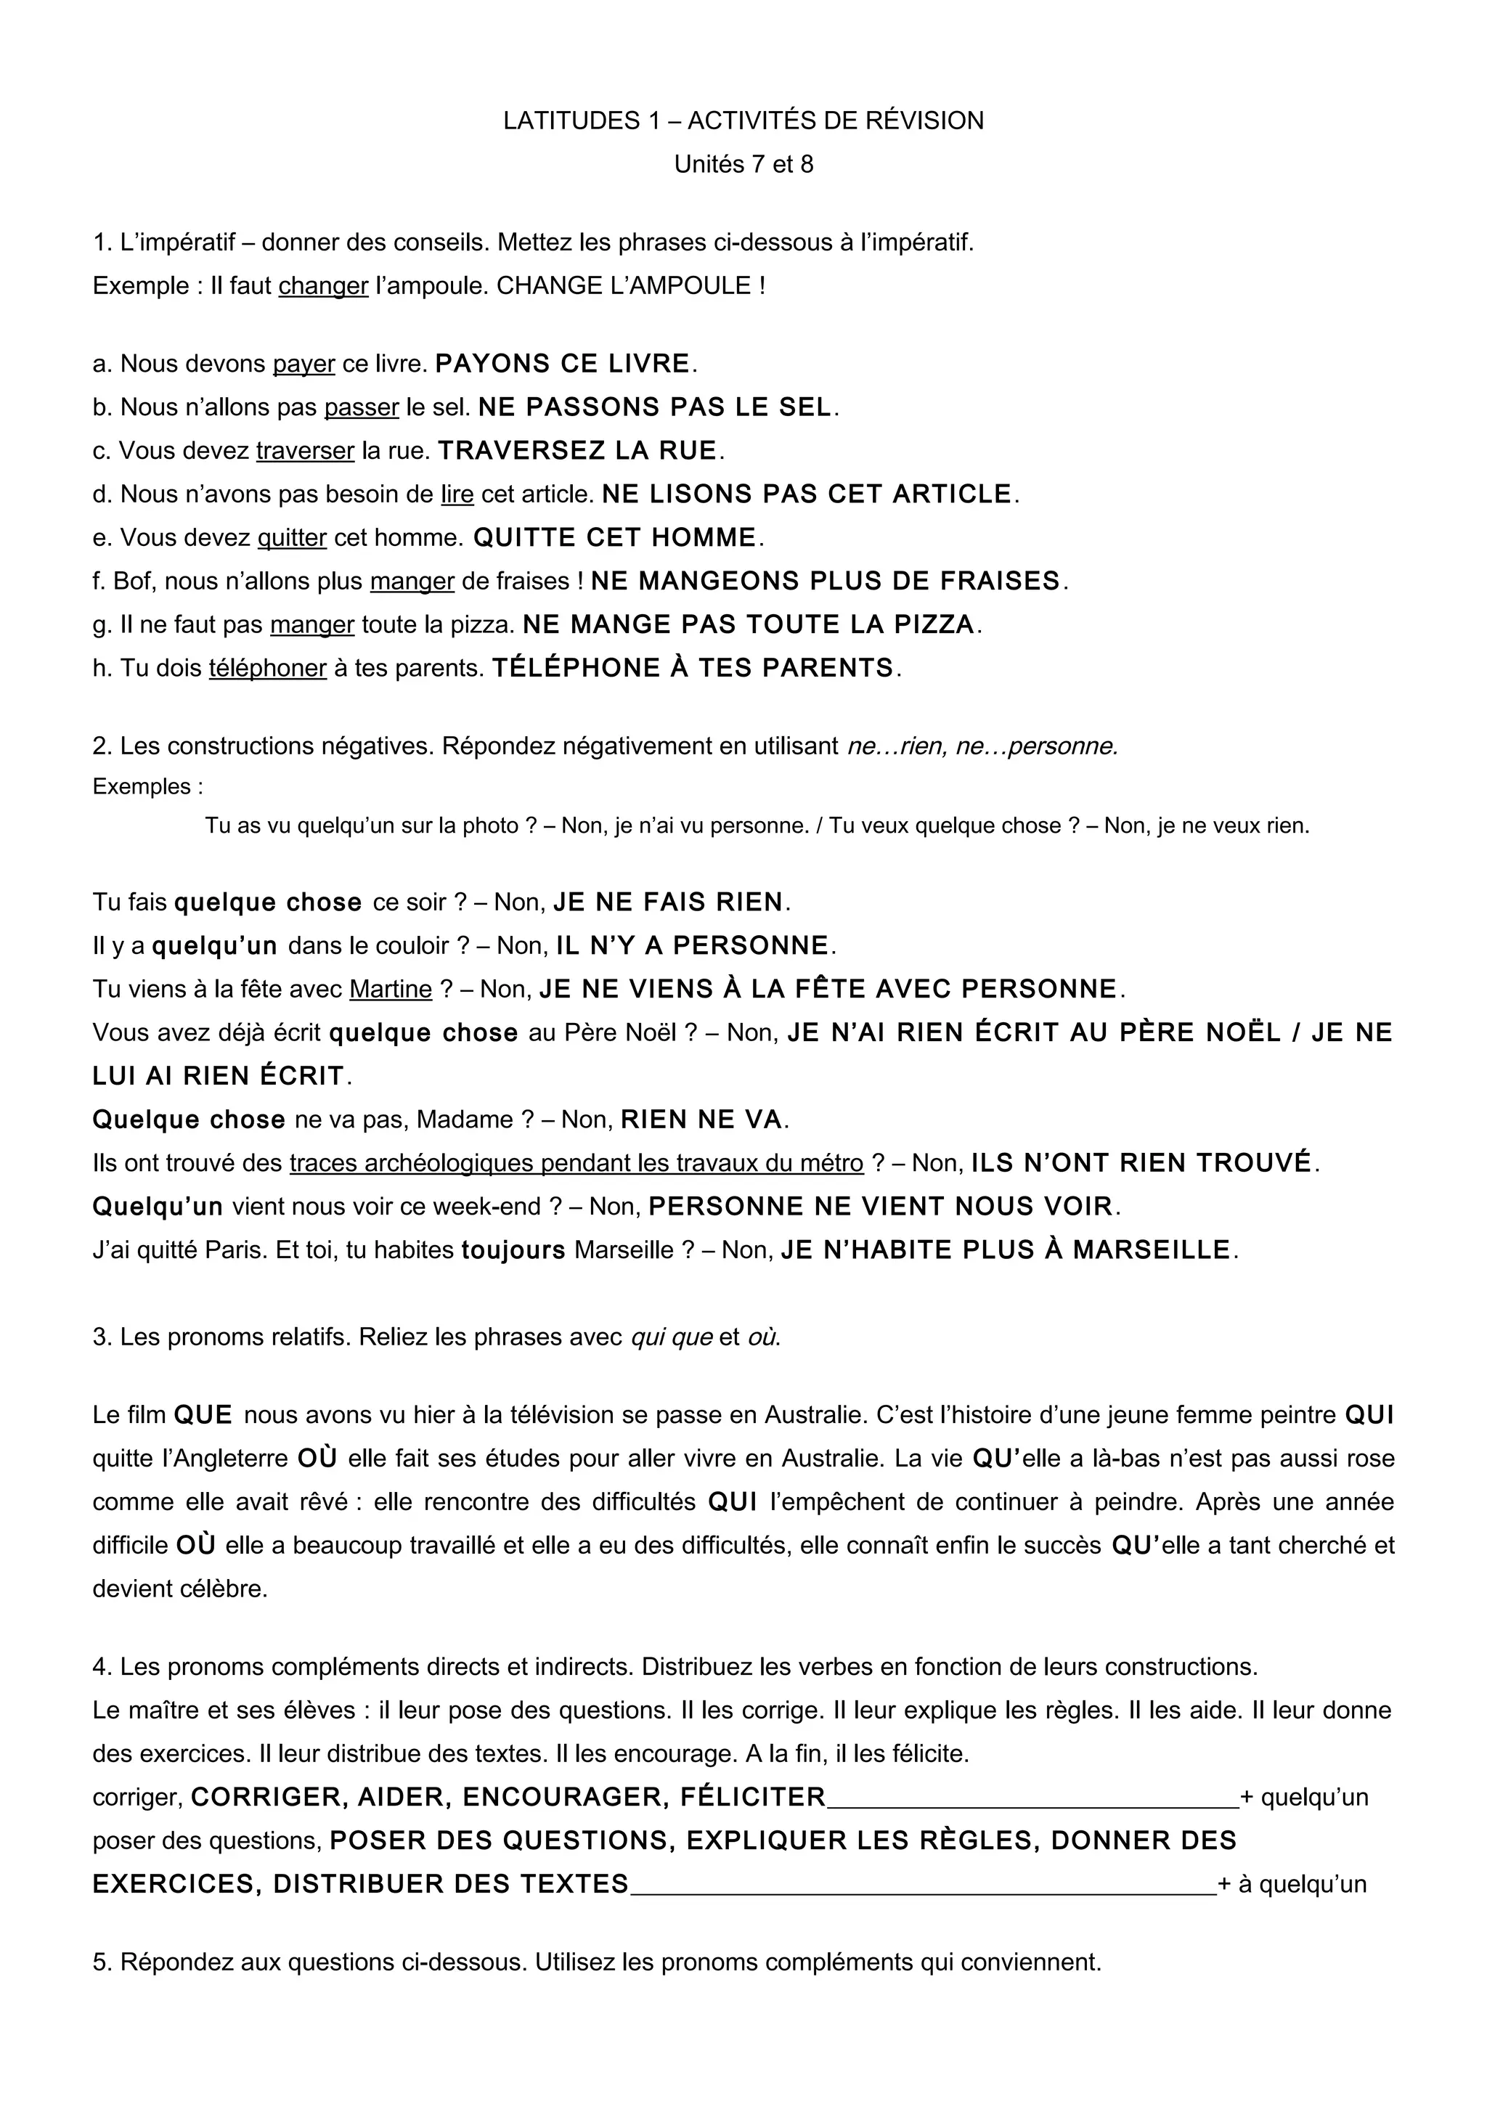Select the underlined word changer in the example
(322, 286)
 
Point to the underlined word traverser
(305, 451)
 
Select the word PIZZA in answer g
(932, 625)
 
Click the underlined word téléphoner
(267, 668)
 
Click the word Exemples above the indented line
(142, 786)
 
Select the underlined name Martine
(391, 990)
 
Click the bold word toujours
(513, 1250)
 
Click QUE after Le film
(203, 1415)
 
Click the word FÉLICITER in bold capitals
(752, 1797)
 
